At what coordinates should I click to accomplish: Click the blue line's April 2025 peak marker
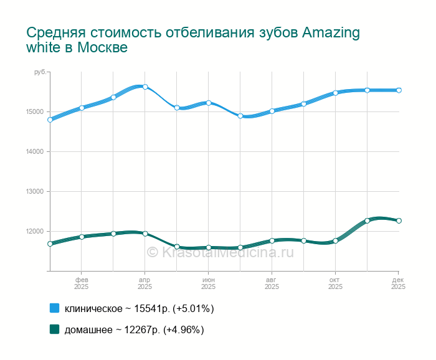145,87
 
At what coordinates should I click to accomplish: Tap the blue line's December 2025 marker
399,90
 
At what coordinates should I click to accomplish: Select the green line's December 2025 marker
399,220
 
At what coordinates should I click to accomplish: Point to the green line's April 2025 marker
145,234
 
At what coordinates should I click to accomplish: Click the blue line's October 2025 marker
335,93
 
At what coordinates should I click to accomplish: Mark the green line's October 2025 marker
335,241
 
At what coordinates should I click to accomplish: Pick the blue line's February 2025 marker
82,108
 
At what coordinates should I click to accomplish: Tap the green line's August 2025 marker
272,240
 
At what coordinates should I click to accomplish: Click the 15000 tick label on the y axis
34,112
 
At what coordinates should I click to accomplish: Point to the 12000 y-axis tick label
34,232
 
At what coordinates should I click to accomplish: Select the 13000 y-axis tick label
34,192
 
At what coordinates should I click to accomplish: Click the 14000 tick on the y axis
34,152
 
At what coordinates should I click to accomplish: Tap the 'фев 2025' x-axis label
82,283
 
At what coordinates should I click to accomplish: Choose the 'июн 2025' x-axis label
209,283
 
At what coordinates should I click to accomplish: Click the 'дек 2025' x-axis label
398,283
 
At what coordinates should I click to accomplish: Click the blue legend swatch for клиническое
54,308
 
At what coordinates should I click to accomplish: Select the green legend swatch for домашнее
54,329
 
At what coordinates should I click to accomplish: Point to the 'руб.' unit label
40,73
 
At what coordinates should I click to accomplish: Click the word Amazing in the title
331,32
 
